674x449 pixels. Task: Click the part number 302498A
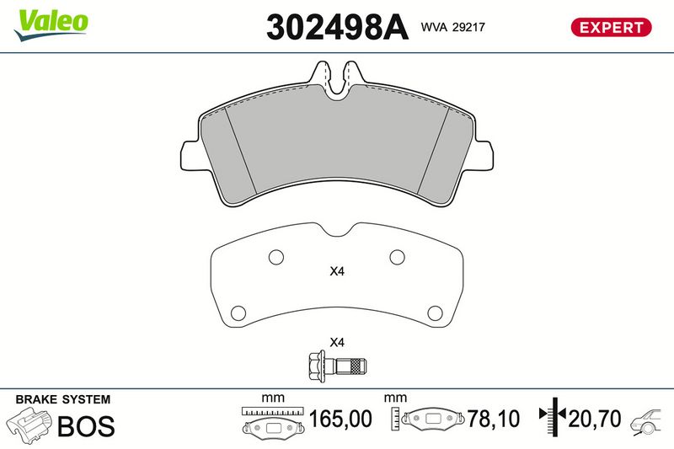click(337, 27)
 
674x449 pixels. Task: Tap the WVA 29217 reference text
click(452, 27)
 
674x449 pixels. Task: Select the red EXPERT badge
click(611, 27)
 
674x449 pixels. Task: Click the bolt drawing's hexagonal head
click(317, 366)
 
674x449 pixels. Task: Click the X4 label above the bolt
click(337, 343)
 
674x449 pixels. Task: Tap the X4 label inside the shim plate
click(337, 271)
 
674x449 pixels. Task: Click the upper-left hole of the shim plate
click(276, 258)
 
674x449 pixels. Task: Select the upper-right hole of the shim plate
click(397, 258)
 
